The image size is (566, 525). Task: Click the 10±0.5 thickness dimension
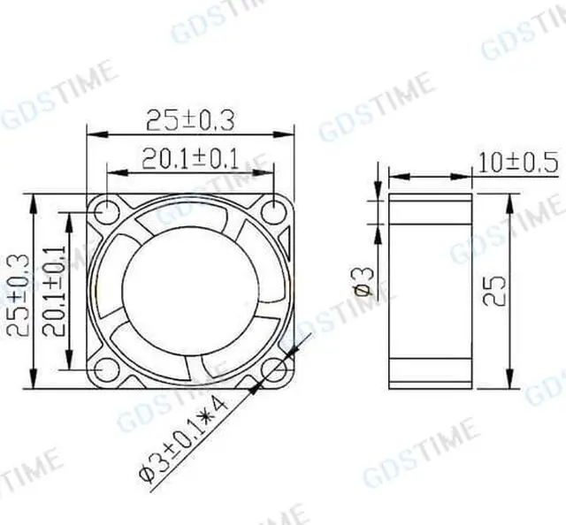[x=517, y=162]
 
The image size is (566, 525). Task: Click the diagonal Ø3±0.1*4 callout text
[x=183, y=438]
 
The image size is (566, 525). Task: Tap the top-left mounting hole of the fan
[x=106, y=212]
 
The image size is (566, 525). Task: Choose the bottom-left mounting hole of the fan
[x=106, y=370]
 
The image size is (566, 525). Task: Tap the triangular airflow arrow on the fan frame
[x=285, y=239]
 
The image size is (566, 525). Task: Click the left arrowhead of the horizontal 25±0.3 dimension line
[x=93, y=134]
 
